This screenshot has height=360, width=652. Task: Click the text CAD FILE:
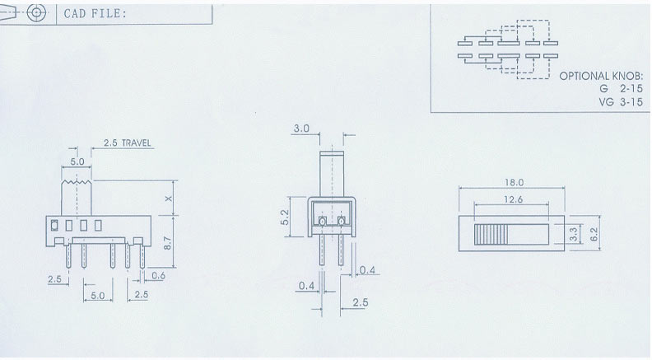point(95,13)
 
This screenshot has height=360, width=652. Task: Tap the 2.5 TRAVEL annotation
point(128,143)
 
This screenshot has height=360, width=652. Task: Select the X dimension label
point(168,199)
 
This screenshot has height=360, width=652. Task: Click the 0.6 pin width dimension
point(157,275)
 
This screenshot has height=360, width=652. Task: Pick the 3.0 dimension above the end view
point(301,129)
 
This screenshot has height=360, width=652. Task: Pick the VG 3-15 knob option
point(620,101)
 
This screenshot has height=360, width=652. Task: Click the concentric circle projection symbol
point(35,12)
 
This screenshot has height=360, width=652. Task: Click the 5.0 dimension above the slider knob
point(77,162)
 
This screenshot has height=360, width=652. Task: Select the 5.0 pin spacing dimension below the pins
point(97,295)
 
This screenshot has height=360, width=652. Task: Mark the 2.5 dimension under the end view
point(360,303)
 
